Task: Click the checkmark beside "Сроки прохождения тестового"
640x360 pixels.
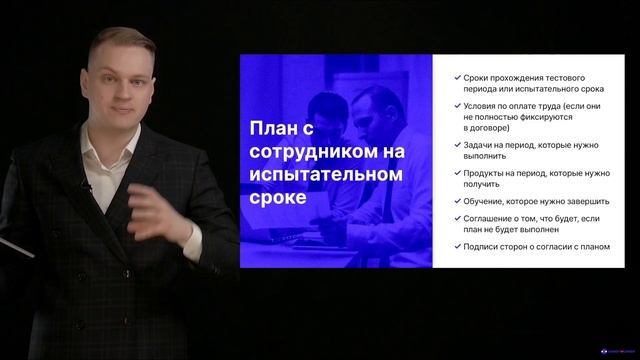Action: coord(457,78)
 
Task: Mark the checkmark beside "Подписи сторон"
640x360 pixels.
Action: coord(457,247)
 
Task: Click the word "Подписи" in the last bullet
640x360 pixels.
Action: coord(484,247)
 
